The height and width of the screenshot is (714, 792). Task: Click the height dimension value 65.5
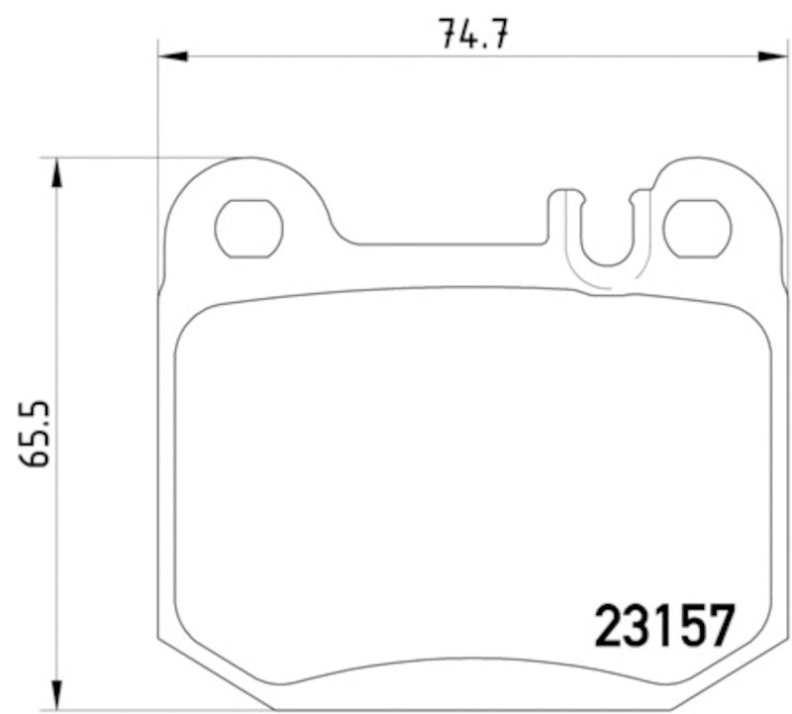click(39, 437)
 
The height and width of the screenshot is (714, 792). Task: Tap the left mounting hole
click(248, 228)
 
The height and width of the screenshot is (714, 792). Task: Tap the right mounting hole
click(697, 228)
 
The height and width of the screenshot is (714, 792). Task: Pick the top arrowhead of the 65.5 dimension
click(57, 172)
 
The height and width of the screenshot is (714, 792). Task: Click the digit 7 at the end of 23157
click(724, 625)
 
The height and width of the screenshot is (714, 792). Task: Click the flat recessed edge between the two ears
click(445, 242)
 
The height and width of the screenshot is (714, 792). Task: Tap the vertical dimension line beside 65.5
click(57, 297)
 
